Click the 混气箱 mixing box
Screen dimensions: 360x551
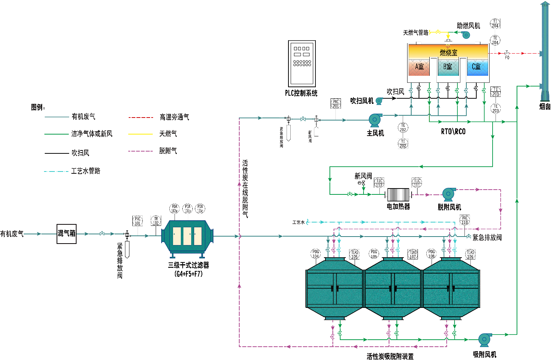click(x=67, y=234)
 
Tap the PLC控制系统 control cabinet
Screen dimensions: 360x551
click(x=302, y=64)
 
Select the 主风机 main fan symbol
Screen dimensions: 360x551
click(x=375, y=120)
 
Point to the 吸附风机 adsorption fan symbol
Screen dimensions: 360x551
click(x=484, y=339)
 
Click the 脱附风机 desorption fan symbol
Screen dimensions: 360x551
click(x=449, y=194)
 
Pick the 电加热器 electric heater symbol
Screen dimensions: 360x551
click(x=398, y=195)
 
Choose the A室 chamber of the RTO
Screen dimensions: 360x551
click(x=419, y=67)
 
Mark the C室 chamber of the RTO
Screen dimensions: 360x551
click(x=477, y=67)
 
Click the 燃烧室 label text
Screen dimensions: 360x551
click(x=448, y=53)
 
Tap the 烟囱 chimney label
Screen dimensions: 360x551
click(x=545, y=107)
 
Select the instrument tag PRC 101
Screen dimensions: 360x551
click(x=138, y=221)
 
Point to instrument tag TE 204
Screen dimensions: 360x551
click(x=495, y=40)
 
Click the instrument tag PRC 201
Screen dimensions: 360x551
click(x=335, y=104)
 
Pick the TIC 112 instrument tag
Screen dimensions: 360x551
click(x=379, y=183)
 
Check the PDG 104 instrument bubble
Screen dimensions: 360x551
click(x=315, y=254)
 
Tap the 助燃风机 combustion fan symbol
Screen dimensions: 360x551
click(x=466, y=35)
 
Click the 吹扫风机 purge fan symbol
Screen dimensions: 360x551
click(x=379, y=101)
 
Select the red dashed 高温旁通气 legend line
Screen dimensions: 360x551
click(x=141, y=118)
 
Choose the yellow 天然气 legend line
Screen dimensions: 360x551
click(x=141, y=134)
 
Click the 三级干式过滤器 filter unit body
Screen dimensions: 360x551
click(x=187, y=236)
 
